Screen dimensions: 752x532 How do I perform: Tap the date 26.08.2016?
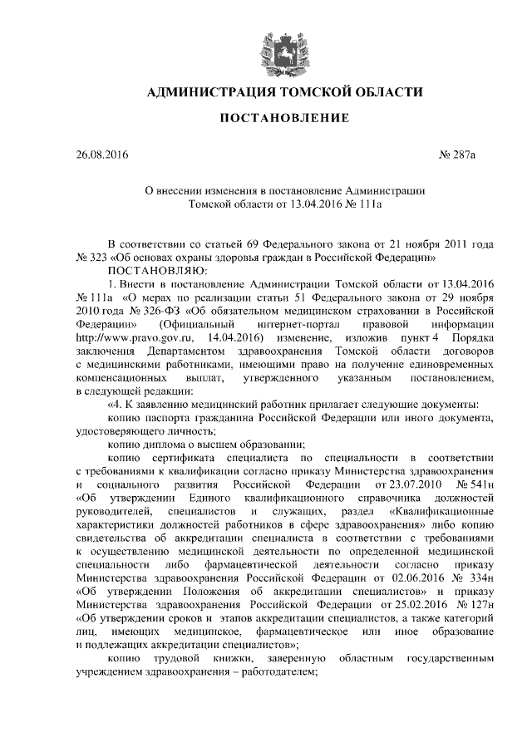tap(98, 155)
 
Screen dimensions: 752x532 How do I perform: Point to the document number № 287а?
tap(470, 155)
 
